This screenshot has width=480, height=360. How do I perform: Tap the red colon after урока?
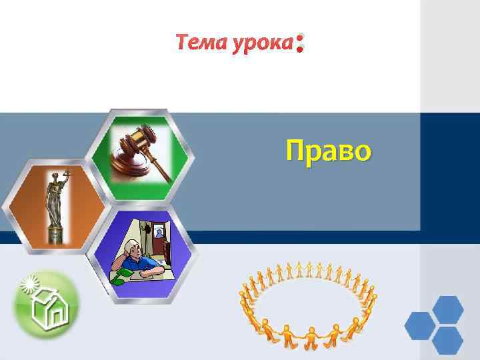[300, 44]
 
